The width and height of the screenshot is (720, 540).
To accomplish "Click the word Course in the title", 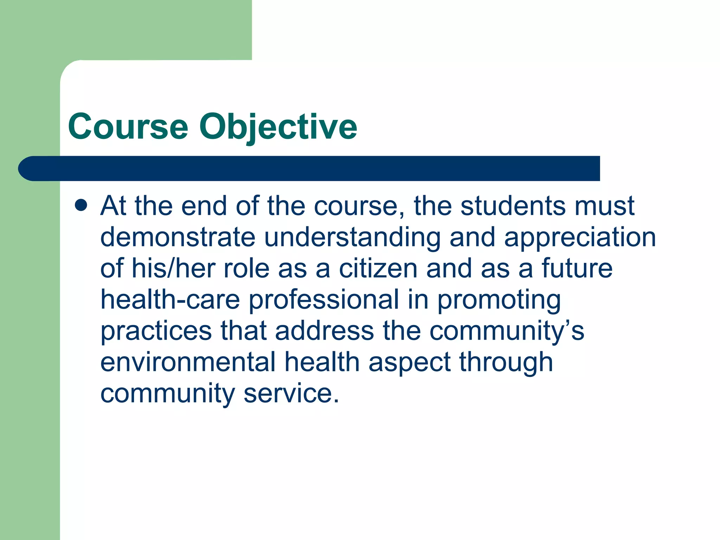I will pyautogui.click(x=128, y=127).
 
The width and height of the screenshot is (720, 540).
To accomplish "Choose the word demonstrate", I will pyautogui.click(x=178, y=237).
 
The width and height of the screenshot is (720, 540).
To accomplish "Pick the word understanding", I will pyautogui.click(x=352, y=238).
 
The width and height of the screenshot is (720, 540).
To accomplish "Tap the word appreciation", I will pyautogui.click(x=580, y=238).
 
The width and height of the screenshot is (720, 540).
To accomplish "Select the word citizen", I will pyautogui.click(x=378, y=268).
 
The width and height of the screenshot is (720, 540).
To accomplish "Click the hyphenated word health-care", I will pyautogui.click(x=170, y=300).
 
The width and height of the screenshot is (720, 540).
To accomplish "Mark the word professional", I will pyautogui.click(x=324, y=300).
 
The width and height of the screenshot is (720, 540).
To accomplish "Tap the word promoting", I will pyautogui.click(x=499, y=300).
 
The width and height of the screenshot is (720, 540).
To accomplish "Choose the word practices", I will pyautogui.click(x=156, y=331).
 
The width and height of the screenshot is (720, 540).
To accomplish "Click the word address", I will pyautogui.click(x=324, y=331).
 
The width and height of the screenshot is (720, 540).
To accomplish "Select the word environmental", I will pyautogui.click(x=188, y=362).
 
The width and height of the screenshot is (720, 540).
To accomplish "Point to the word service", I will pyautogui.click(x=291, y=393).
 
